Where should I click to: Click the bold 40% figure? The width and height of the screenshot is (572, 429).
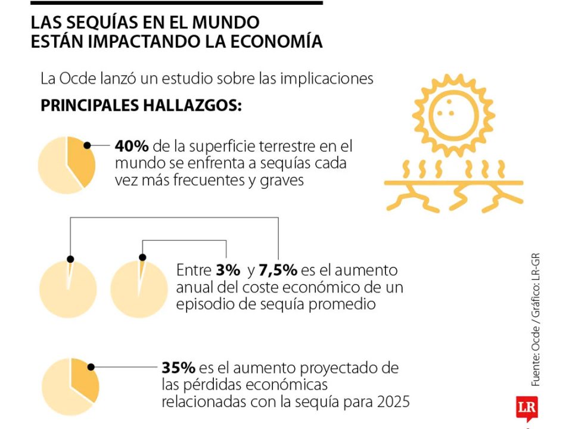pyautogui.click(x=131, y=147)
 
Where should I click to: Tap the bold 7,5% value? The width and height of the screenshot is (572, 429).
pyautogui.click(x=278, y=270)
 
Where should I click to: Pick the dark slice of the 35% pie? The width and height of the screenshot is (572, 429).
pyautogui.click(x=83, y=381)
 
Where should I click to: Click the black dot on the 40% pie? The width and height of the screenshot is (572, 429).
pyautogui.click(x=87, y=145)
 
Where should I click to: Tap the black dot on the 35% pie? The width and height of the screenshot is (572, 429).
pyautogui.click(x=91, y=368)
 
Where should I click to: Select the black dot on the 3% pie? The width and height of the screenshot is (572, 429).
pyautogui.click(x=70, y=259)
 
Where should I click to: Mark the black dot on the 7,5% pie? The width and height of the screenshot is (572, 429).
pyautogui.click(x=142, y=257)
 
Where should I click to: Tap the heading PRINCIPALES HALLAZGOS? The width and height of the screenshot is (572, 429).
pyautogui.click(x=141, y=105)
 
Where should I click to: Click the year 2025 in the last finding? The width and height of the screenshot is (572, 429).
pyautogui.click(x=393, y=402)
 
